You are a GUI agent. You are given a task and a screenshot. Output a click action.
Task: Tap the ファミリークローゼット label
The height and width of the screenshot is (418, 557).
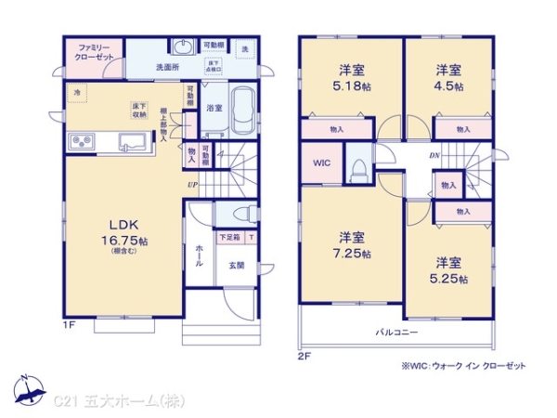[x=95, y=52]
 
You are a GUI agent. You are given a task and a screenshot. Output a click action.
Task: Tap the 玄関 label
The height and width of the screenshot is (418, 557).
[x=237, y=265]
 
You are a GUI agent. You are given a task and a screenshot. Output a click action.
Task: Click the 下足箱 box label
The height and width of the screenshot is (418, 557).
[x=228, y=238]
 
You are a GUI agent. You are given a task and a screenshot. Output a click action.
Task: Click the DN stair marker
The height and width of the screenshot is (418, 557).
[x=434, y=155]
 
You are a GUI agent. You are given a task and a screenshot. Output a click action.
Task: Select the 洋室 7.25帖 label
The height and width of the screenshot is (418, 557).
[x=352, y=245]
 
